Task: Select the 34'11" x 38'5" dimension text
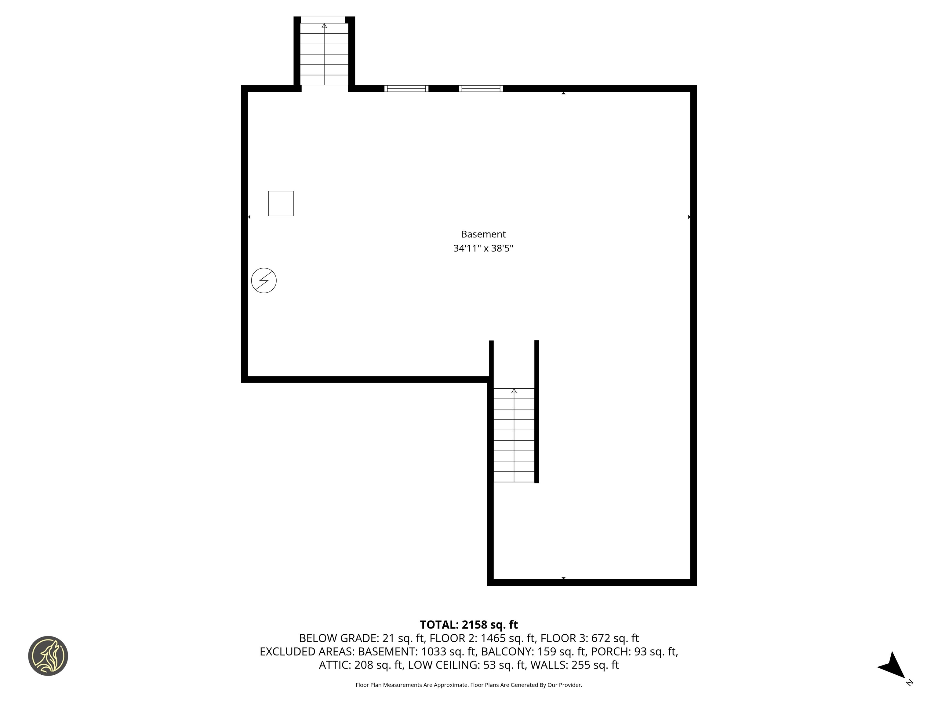(x=483, y=248)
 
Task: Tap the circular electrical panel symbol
(x=264, y=280)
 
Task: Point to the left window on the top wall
(x=406, y=88)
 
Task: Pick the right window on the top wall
(x=481, y=88)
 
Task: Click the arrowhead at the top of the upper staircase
(x=324, y=25)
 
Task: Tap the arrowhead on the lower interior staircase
(x=514, y=391)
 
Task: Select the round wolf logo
(x=48, y=656)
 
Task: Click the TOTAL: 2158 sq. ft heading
(x=469, y=625)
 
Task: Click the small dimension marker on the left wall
(x=249, y=217)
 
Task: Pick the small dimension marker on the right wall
(x=689, y=217)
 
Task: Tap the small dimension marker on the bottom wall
(x=564, y=578)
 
